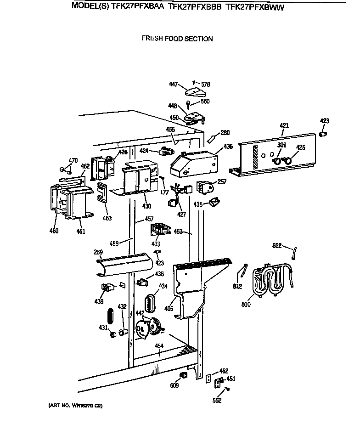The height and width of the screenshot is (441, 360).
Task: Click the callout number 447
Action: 174,85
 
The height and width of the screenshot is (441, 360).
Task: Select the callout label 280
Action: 225,133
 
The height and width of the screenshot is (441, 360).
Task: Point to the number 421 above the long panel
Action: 284,125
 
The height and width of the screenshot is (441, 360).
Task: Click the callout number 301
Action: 281,146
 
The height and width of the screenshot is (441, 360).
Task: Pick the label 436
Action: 228,147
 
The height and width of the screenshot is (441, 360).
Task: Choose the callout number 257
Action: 222,182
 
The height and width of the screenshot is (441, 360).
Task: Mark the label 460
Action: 54,231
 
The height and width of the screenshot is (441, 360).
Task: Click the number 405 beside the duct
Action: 169,309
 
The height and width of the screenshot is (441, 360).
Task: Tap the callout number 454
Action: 159,345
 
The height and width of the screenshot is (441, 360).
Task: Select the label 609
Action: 174,386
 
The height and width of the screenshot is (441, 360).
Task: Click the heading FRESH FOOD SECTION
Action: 177,39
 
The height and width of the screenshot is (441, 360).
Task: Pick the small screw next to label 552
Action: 227,390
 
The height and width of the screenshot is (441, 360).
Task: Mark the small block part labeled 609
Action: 183,376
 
